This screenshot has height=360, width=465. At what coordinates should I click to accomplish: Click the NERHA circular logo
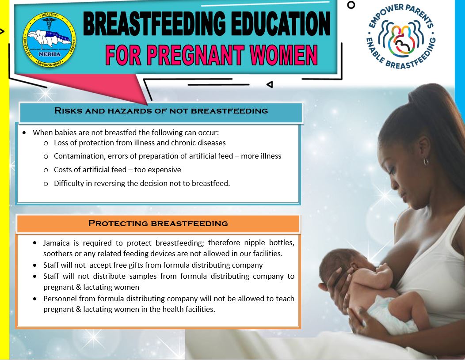coord(50,39)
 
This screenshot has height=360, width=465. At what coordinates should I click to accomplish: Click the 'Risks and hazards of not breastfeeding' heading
coord(161,111)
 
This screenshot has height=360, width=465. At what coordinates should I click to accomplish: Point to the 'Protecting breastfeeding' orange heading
coord(158,224)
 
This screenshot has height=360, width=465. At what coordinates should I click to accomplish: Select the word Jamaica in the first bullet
coord(57,243)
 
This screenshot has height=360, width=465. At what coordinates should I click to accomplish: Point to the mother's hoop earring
coord(426,162)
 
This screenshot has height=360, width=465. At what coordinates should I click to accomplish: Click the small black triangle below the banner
coord(270,84)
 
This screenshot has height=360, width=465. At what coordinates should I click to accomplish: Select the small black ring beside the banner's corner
coord(351,5)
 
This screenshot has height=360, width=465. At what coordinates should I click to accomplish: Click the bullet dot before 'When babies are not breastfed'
coord(24,133)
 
